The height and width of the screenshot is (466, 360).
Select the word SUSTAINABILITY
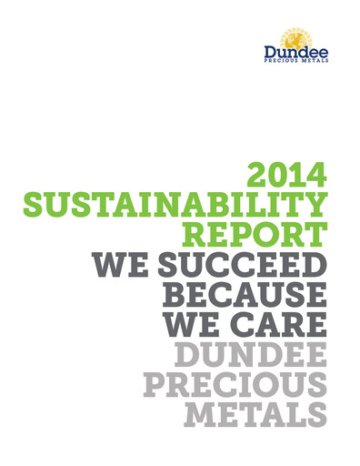[x=174, y=205]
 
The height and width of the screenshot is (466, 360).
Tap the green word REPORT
[x=256, y=235]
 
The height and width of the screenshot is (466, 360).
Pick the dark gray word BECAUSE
[x=243, y=295]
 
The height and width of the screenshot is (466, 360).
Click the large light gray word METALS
[x=254, y=415]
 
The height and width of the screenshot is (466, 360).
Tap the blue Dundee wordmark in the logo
[x=296, y=52]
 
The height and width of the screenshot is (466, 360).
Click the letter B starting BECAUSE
[x=175, y=295]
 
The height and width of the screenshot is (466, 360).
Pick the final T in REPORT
[x=315, y=235]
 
